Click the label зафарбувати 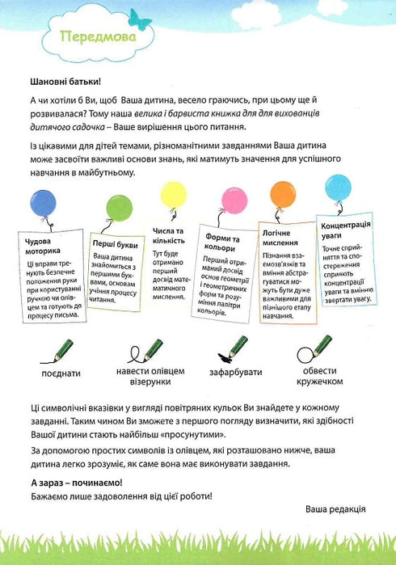tap(236, 375)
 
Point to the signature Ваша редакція tap(335, 510)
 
